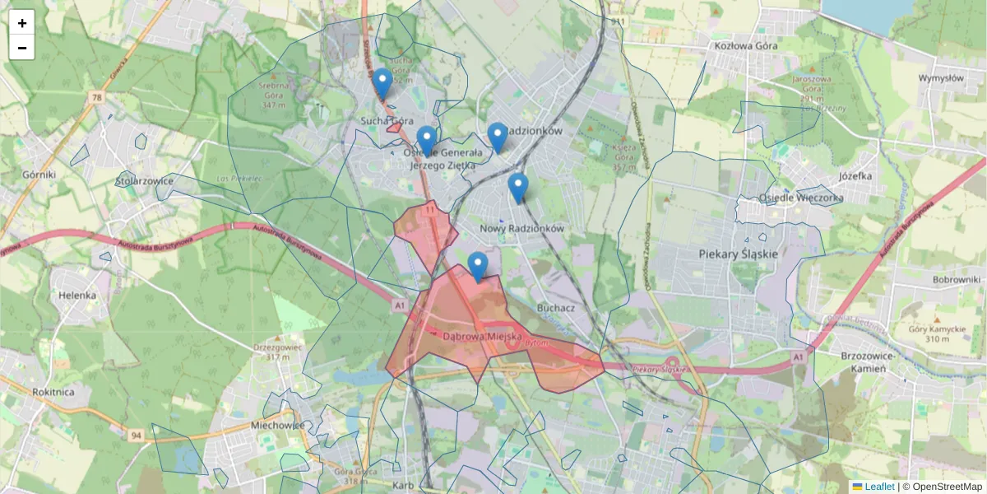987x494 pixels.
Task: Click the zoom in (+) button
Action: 22,23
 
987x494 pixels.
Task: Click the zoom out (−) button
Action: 22,48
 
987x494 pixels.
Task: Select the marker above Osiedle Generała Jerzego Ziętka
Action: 426,141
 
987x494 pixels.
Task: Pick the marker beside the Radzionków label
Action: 497,137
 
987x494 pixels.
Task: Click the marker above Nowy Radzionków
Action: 517,188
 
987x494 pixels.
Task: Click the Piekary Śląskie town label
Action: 737,254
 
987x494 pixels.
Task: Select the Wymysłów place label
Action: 940,78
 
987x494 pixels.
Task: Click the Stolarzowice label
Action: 144,179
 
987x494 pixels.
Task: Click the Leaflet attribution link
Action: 878,487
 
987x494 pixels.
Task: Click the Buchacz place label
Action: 555,307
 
